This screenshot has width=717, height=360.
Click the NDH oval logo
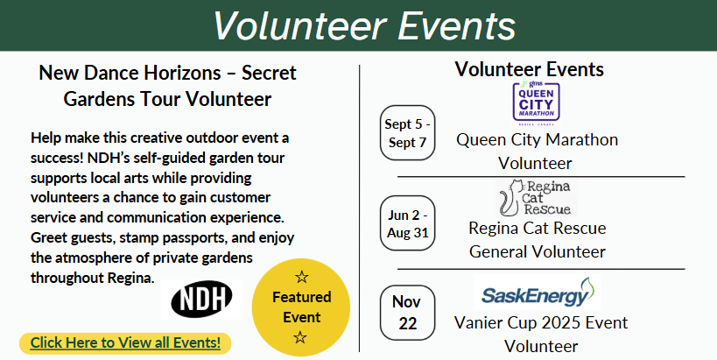pos(201,300)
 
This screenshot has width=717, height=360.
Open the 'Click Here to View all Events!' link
pos(125,342)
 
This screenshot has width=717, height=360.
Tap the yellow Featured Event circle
pos(301,307)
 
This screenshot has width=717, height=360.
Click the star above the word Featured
pos(301,276)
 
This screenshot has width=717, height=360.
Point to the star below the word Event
pos(300,337)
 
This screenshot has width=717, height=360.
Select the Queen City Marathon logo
pos(536,104)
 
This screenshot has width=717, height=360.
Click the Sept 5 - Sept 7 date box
pos(407,132)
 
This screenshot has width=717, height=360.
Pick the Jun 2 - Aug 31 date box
pos(407,223)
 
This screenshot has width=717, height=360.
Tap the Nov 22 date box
pos(407,313)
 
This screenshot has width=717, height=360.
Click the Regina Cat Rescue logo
pos(537,198)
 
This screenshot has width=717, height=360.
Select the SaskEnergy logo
pos(538,293)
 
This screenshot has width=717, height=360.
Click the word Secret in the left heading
pos(269,73)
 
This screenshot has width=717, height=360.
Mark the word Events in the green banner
pos(456,25)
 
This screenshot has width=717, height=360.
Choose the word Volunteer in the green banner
pos(299,25)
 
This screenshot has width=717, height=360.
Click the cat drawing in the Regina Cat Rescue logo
pos(510,198)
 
